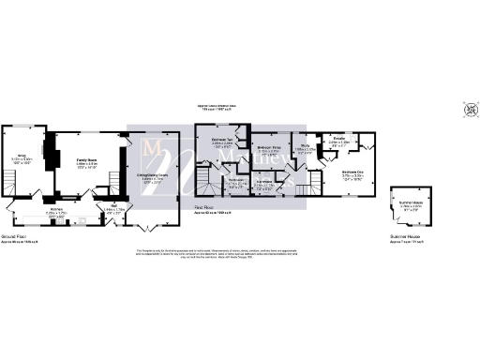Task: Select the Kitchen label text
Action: coord(55,211)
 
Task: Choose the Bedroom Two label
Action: coord(221,142)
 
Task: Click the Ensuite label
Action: coord(339,142)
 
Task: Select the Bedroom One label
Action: coord(352,173)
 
